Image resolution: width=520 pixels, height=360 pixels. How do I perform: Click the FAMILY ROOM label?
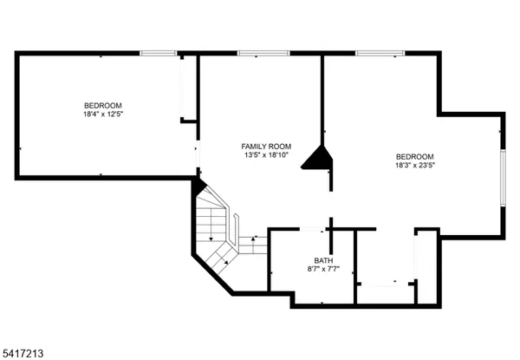266,146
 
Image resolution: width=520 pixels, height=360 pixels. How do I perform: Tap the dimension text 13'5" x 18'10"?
266,156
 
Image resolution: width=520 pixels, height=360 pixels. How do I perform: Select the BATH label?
323,260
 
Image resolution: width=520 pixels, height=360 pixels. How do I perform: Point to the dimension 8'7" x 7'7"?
323,270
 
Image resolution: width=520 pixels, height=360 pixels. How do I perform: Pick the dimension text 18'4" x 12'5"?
103,114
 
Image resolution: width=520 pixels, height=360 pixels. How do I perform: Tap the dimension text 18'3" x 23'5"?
415,165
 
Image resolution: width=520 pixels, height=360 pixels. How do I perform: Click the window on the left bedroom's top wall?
159,54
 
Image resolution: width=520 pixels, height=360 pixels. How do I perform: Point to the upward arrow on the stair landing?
254,239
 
